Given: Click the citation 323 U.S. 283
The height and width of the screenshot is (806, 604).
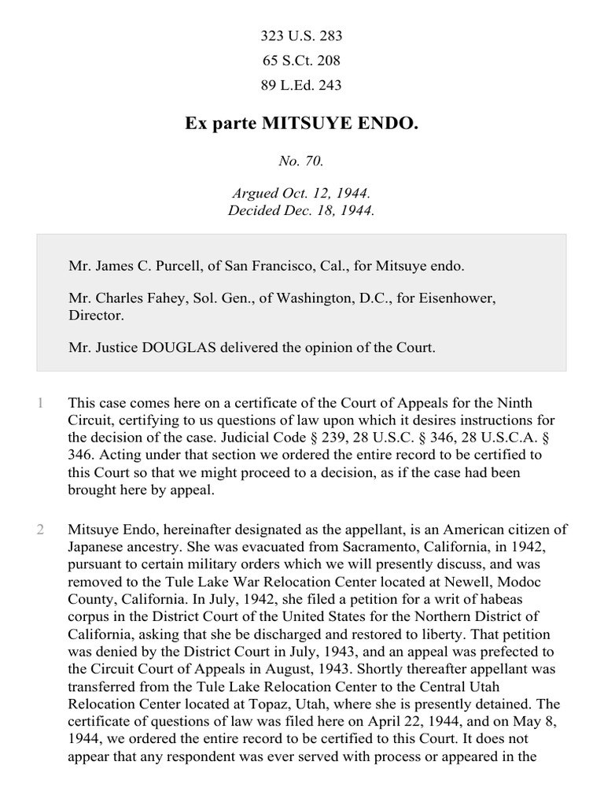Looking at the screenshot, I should (x=301, y=36).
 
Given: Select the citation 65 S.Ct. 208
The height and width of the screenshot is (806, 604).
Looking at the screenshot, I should (x=301, y=61).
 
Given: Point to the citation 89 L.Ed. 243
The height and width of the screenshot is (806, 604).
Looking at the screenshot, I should (x=301, y=85).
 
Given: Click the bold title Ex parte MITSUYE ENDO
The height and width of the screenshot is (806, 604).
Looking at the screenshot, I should (x=301, y=124).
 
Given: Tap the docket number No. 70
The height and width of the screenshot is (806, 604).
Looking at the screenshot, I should (x=301, y=161).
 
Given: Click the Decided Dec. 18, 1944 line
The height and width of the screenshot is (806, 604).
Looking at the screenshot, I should (x=301, y=210).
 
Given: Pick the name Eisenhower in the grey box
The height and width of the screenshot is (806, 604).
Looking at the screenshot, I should (x=462, y=299).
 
